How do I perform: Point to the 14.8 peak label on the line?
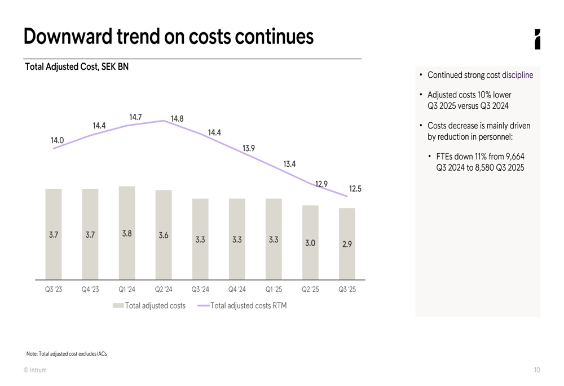(177, 119)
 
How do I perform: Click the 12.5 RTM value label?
(355, 189)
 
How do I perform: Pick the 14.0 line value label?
(57, 140)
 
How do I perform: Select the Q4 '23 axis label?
(90, 290)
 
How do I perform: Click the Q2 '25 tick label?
(310, 290)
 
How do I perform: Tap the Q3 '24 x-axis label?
(200, 290)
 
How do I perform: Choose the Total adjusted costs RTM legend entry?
(248, 306)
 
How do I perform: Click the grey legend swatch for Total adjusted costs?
(118, 306)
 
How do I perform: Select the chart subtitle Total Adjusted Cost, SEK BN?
(77, 67)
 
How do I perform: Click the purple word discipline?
(517, 75)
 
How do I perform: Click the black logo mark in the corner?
(537, 39)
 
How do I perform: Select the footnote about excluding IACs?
(67, 354)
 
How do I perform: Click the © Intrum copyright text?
(35, 370)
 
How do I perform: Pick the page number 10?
(536, 370)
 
